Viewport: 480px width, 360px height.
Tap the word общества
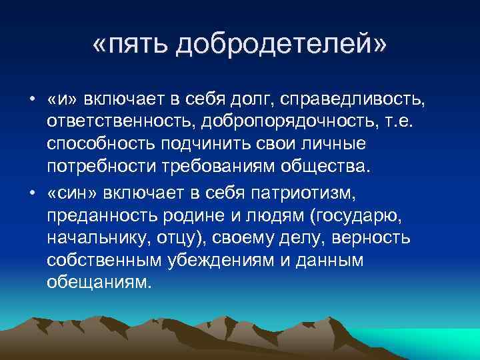tap(323, 165)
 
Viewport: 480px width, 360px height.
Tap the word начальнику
tap(101, 238)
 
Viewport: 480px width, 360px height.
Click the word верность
tap(378, 238)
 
